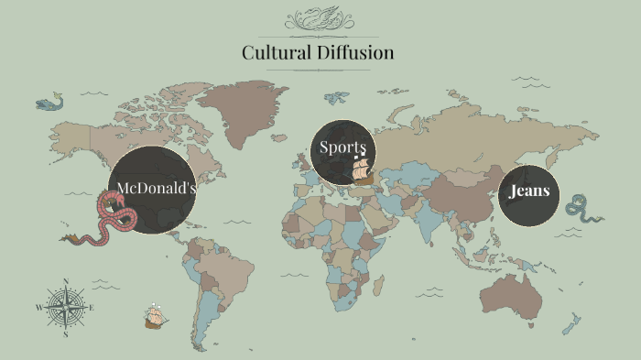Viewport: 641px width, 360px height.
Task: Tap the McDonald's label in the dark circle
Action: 157,188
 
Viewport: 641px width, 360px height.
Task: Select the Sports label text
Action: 342,147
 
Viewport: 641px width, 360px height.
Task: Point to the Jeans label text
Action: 529,191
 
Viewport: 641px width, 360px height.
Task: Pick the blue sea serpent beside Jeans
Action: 582,208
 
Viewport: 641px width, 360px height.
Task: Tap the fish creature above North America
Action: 50,103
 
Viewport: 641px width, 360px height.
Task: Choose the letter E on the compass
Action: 92,308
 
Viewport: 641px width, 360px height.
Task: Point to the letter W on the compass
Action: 38,308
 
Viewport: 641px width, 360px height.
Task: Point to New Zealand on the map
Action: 573,322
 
